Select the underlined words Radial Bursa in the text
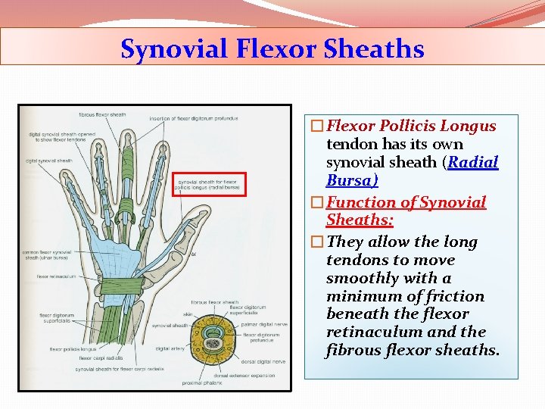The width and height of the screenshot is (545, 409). point(412,171)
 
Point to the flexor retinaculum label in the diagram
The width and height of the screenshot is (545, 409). point(57,276)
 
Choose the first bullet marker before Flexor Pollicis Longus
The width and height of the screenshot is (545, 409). point(318,126)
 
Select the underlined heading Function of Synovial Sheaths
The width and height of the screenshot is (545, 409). point(406,211)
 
